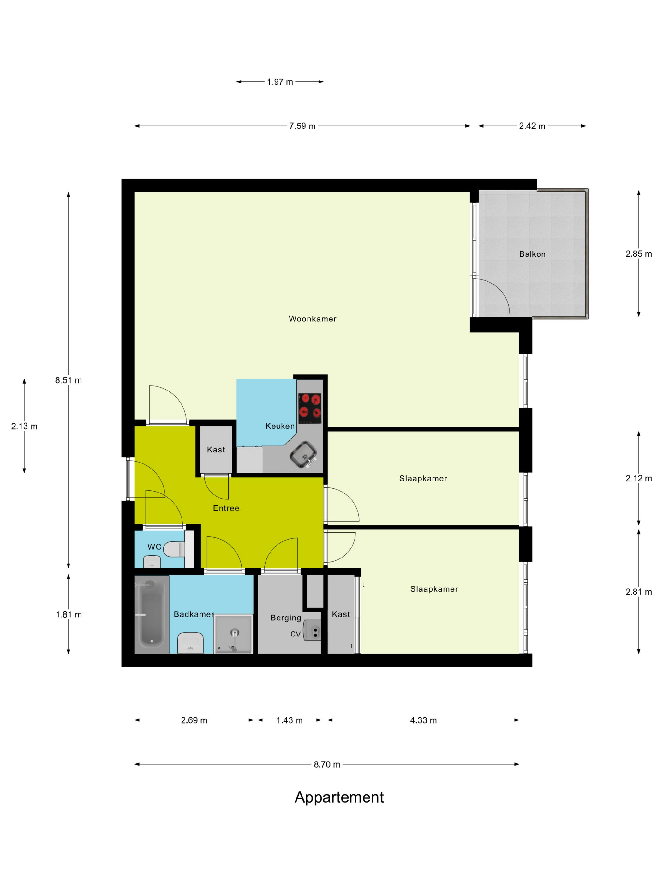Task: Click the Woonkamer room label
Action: tap(313, 319)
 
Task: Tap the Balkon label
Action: tap(532, 254)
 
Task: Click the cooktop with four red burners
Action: tap(310, 409)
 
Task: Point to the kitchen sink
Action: tap(304, 454)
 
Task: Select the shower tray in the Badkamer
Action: tap(233, 634)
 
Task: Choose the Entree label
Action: tap(226, 508)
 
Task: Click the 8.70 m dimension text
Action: tap(326, 765)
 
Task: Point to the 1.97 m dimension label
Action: tap(280, 82)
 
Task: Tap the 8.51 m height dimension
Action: tap(68, 380)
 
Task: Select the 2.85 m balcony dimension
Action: tap(639, 254)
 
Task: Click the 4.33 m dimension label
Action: tap(423, 720)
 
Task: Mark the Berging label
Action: tap(286, 618)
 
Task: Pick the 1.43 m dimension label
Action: tap(289, 720)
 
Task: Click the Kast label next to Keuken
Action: tap(216, 450)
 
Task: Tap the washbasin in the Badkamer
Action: tap(190, 642)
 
